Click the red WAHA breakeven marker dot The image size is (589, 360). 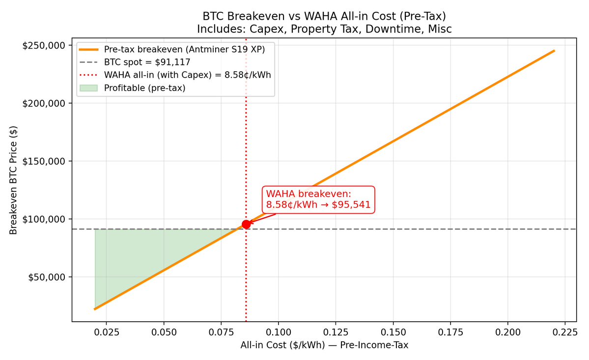[x=246, y=224]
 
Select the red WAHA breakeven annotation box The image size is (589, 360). [x=318, y=199]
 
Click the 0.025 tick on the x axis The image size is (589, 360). [x=107, y=332]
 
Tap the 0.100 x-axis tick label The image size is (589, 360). [x=279, y=332]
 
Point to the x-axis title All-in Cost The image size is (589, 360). [x=324, y=345]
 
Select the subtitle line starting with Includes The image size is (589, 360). [x=324, y=29]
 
